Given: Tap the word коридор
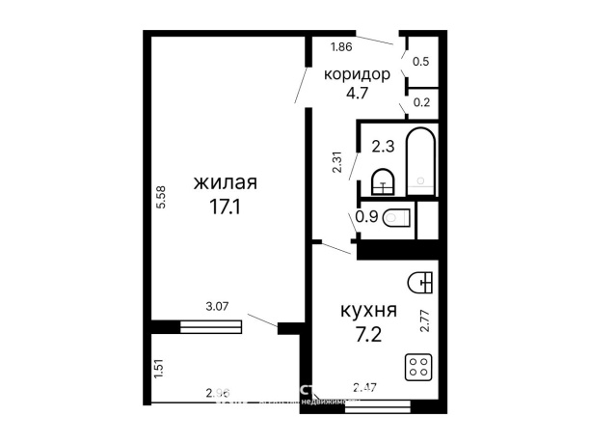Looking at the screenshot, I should tap(357, 74).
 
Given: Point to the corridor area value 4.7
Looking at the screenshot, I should tap(357, 94).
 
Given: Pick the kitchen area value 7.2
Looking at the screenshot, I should tap(368, 337).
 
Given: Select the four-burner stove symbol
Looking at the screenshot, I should tap(419, 367).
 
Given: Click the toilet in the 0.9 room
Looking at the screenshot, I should tap(396, 218).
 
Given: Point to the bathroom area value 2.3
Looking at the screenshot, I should tap(383, 148).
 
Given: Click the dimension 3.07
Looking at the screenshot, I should tap(218, 308).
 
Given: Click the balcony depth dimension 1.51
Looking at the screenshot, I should tap(160, 369).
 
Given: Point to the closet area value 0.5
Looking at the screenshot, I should tap(421, 61).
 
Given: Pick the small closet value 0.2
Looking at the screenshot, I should tap(421, 99).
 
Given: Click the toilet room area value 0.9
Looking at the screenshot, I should tap(366, 218).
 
